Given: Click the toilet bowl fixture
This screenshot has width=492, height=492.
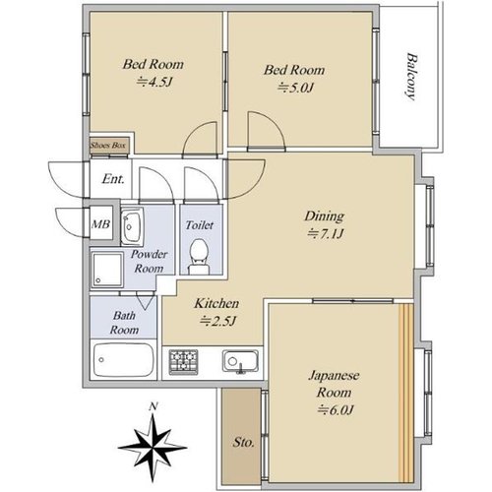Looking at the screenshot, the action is click(x=199, y=257).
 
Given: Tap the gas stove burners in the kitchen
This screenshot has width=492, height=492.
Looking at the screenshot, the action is click(x=183, y=362).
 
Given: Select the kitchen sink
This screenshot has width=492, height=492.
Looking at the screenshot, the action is click(x=240, y=361).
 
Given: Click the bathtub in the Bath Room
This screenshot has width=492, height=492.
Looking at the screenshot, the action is click(x=123, y=360).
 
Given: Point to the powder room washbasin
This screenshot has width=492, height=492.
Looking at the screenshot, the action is click(x=132, y=226).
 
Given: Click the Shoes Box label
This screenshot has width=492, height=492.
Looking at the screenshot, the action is click(x=108, y=145).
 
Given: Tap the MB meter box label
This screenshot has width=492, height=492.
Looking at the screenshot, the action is click(x=100, y=224).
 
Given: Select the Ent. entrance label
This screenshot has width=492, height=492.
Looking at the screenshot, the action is click(x=113, y=179).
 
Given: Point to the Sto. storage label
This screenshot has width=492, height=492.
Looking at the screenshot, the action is click(x=243, y=443).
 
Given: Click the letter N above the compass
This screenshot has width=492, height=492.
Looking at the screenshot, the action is click(x=153, y=407).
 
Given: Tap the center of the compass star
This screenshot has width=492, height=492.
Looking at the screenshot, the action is click(x=153, y=448).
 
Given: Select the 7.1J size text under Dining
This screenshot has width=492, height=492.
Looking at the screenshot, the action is click(x=325, y=234).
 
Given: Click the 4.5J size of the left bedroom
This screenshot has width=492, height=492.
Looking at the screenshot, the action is click(x=154, y=82).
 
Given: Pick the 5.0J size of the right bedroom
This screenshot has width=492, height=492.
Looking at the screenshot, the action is click(x=296, y=88).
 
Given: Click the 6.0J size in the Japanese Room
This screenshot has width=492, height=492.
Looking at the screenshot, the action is click(x=336, y=410).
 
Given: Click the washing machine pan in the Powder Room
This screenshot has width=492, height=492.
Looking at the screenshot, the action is click(x=107, y=270).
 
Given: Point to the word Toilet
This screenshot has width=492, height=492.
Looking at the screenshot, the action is click(x=200, y=225).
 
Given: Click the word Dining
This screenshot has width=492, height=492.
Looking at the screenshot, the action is click(x=325, y=216).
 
